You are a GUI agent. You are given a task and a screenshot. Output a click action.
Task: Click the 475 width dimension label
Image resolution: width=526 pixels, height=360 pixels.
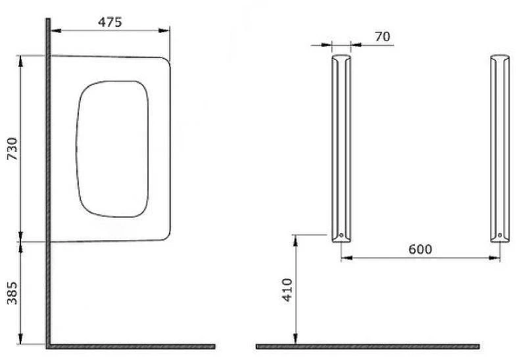tap(110, 22)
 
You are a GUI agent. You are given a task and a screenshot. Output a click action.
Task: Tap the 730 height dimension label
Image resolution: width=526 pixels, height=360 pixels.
tap(12, 148)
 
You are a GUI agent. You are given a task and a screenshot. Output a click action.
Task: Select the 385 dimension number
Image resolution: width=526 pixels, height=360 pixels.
tap(12, 292)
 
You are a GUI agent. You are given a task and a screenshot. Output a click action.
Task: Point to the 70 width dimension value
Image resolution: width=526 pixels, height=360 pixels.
tap(383, 36)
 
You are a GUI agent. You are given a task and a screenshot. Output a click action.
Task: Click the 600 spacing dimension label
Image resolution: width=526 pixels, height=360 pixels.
tap(420, 250)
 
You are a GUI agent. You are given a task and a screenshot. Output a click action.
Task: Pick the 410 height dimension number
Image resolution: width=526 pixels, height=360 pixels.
tap(287, 290)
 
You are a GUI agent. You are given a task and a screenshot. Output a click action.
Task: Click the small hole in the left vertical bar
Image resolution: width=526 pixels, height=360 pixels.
tap(341, 235)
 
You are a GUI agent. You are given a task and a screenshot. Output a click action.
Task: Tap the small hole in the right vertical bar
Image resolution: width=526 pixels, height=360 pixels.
tap(500, 235)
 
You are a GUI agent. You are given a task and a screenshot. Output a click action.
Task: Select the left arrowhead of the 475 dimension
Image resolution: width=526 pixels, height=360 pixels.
tap(56, 31)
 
